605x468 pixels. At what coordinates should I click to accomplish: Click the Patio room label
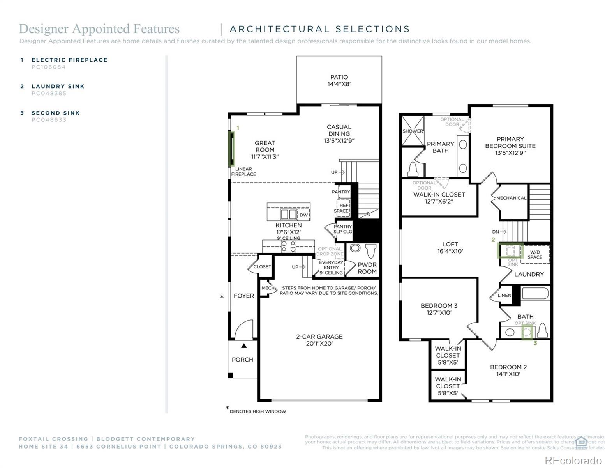pos(339,77)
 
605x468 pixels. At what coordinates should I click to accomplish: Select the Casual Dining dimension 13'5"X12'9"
pos(339,141)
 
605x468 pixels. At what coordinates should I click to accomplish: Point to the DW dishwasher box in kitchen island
pos(304,215)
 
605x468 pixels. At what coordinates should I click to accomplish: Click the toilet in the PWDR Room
pos(370,250)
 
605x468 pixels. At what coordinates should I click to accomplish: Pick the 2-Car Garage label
pos(319,337)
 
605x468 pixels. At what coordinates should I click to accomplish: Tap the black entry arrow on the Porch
pos(244,346)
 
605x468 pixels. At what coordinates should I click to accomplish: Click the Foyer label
pos(244,296)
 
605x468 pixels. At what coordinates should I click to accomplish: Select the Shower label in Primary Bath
pos(413,131)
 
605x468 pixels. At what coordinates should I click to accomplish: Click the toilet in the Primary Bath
pos(413,169)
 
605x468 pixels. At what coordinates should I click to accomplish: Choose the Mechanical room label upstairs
pos(511,198)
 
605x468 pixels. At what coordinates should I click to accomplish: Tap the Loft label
pos(450,245)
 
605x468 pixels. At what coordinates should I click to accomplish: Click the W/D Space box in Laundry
pos(535,254)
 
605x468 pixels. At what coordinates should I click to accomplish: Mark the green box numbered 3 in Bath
pos(527,333)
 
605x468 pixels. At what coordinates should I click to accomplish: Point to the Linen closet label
pos(504,296)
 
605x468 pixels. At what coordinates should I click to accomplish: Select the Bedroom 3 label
pos(439,306)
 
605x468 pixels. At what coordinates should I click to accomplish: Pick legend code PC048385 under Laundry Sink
pos(49,94)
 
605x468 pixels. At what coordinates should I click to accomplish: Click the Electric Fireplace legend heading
pos(69,60)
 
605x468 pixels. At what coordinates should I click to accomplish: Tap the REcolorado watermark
pos(573,461)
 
